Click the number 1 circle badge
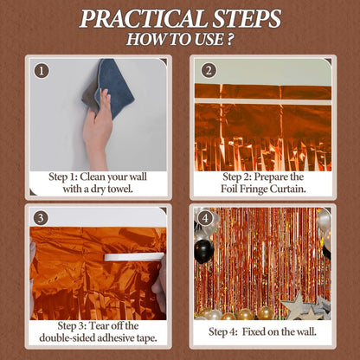point(42,71)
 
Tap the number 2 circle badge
point(209,70)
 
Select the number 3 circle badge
point(41,218)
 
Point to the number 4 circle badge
point(205,218)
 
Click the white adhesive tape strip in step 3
point(134,257)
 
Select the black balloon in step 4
point(204,251)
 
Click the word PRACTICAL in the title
point(143,19)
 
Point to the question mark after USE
point(229,40)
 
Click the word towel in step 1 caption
point(120,190)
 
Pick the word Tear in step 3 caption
point(100,325)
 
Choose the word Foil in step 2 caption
point(229,189)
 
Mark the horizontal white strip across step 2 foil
point(263,101)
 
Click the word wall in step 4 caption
point(306,331)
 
